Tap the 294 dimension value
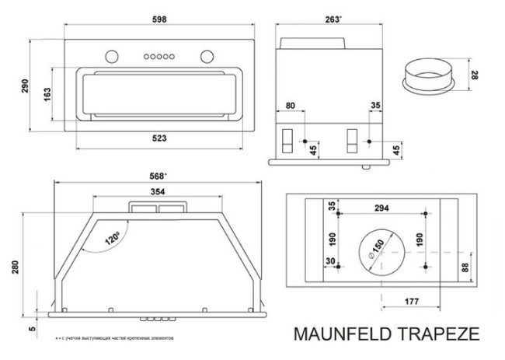[381, 208]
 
